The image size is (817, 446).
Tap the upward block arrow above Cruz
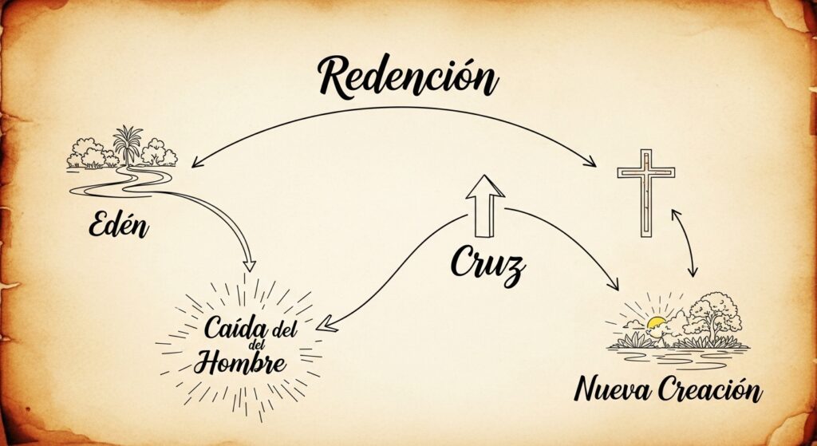pos(485,205)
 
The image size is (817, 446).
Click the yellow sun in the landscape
pos(657,324)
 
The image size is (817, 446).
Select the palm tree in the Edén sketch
pos(128,144)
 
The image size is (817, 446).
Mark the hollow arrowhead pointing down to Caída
pos(250,265)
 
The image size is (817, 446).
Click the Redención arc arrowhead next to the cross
pos(591,164)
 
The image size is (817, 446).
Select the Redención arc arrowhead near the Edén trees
pos(194,163)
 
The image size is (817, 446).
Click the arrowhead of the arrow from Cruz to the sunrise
pos(615,285)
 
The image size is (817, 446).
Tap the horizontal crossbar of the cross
pos(645,173)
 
